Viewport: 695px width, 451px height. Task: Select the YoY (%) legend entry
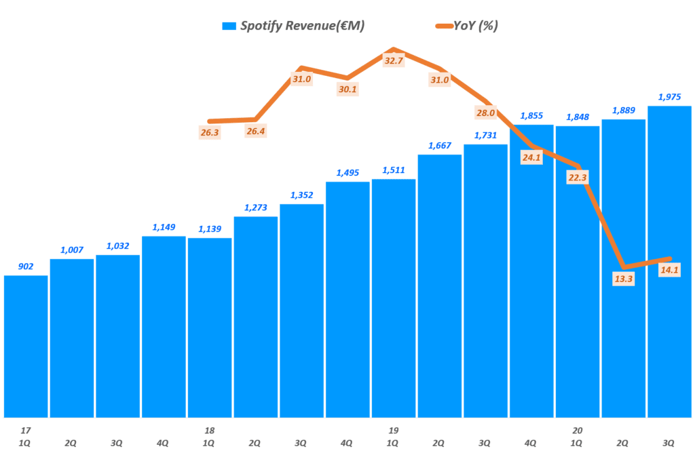point(468,26)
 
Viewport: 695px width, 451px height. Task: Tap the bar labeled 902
point(26,346)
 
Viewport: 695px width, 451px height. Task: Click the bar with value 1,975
point(669,261)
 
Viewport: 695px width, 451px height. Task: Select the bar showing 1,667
point(440,286)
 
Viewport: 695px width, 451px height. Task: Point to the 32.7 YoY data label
point(394,60)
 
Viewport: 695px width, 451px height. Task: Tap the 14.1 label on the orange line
point(669,270)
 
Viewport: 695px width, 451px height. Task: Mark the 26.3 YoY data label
point(210,132)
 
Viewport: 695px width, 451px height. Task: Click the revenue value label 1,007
point(71,250)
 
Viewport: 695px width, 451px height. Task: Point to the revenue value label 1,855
point(531,116)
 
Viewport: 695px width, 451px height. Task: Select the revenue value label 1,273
point(256,208)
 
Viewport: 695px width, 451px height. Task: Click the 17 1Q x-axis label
point(26,436)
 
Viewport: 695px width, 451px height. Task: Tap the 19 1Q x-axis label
point(394,436)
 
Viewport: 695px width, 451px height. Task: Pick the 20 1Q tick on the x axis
point(577,436)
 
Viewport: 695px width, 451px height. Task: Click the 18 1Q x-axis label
point(210,436)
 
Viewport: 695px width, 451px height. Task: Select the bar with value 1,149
point(164,326)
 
